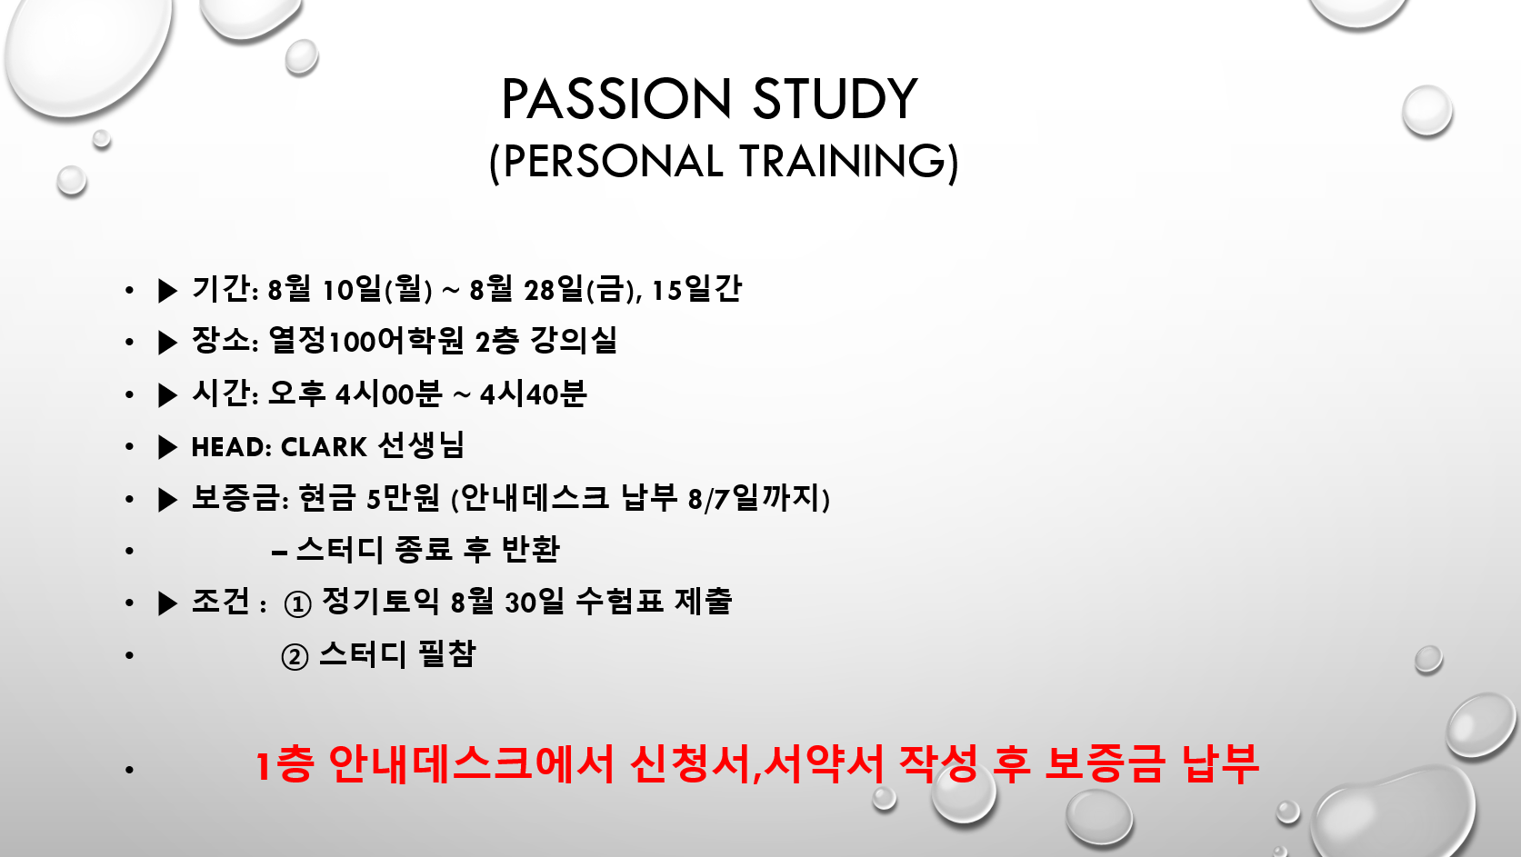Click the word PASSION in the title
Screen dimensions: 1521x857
616,99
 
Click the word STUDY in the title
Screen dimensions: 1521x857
836,99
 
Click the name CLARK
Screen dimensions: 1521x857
324,447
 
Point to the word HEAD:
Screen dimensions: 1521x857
232,447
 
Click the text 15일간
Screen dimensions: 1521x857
696,289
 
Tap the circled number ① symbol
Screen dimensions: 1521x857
297,604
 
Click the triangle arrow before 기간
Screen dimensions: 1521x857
167,291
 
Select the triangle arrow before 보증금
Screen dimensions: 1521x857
167,500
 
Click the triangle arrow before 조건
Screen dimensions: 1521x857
167,603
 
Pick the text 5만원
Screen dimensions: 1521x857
404,498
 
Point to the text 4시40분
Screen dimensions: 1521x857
533,394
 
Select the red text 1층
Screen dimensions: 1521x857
285,763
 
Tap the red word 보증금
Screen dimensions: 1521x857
1104,763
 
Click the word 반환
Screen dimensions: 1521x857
530,550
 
